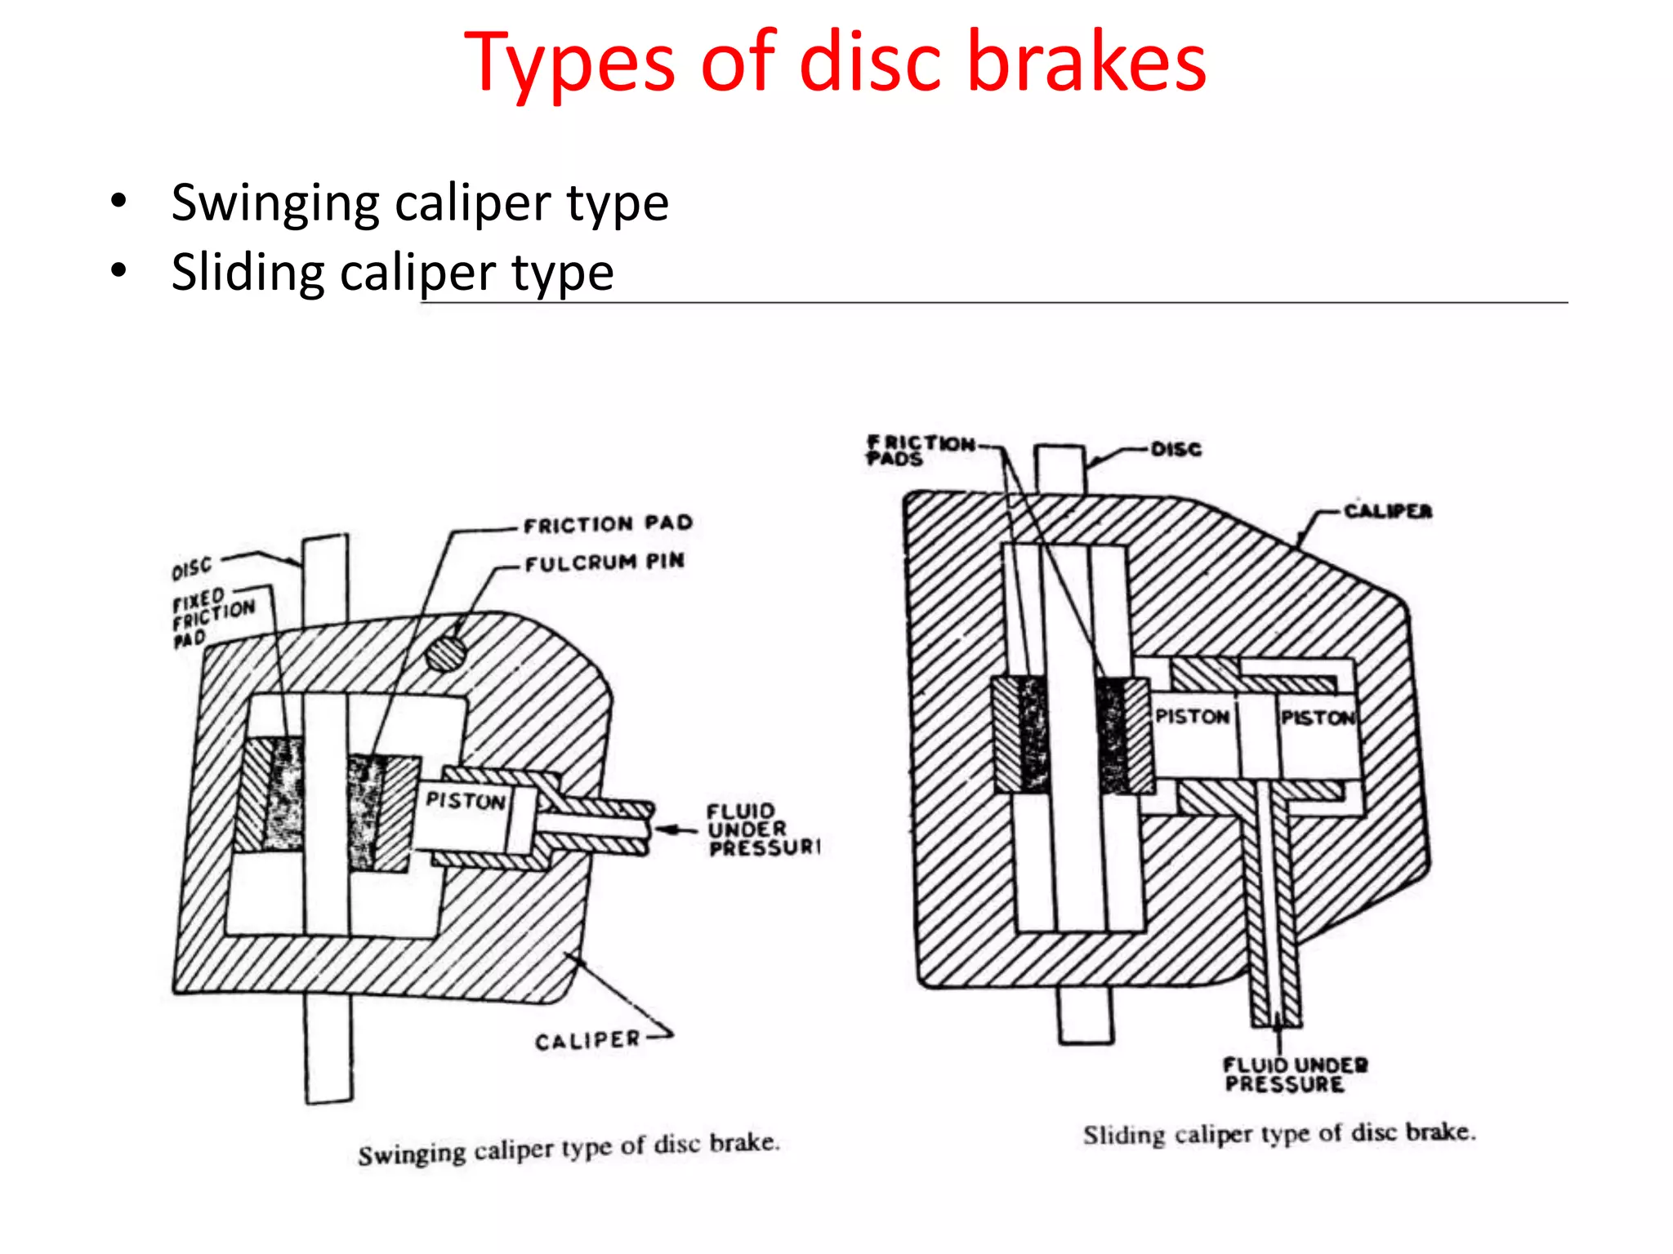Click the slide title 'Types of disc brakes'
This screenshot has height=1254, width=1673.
(835, 62)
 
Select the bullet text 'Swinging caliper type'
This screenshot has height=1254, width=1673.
(420, 202)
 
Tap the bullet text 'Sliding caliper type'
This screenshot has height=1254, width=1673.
(392, 272)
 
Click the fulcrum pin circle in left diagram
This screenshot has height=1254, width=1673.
(445, 652)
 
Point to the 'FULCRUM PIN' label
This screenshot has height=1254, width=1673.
(605, 563)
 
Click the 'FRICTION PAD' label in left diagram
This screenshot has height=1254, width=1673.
(608, 524)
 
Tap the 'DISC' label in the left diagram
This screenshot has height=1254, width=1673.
(191, 567)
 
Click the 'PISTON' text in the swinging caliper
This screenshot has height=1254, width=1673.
(466, 801)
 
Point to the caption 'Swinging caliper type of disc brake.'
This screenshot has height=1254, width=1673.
(569, 1149)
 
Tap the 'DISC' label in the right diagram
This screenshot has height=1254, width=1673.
(1176, 449)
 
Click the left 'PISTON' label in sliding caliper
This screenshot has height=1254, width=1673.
(1192, 717)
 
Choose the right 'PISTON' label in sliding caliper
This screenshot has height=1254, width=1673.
(1317, 718)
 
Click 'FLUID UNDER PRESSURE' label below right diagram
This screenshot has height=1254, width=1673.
(1295, 1074)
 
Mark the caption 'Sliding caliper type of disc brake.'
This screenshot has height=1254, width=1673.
(1279, 1134)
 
